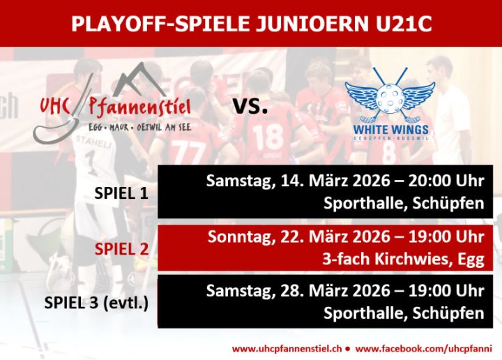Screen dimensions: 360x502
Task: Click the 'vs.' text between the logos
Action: click(x=250, y=106)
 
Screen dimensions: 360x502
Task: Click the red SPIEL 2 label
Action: click(x=121, y=249)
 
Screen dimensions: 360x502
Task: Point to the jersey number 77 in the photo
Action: click(x=187, y=151)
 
